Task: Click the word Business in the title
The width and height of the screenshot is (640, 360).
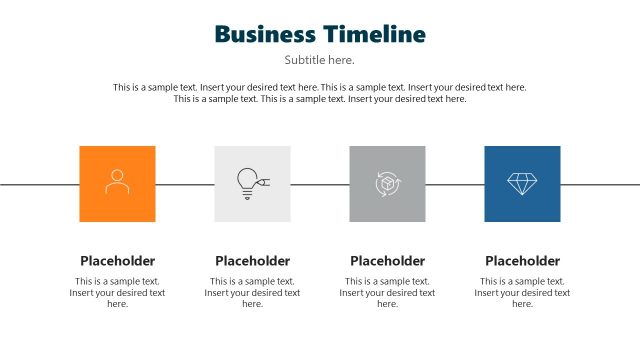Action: tap(265, 34)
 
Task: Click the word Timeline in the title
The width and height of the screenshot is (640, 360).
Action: tap(373, 34)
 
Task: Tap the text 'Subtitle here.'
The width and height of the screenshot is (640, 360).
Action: tap(319, 60)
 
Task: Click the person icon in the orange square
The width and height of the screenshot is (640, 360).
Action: tap(117, 182)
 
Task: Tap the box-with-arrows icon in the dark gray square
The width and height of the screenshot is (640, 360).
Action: tap(387, 184)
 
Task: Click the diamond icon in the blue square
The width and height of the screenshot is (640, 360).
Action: tap(522, 183)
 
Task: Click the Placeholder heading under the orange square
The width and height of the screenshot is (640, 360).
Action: tap(117, 261)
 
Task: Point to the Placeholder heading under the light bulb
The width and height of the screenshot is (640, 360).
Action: tap(252, 261)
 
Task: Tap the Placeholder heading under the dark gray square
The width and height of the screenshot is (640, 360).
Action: tap(387, 261)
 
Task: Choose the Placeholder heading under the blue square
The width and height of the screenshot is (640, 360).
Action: tap(522, 261)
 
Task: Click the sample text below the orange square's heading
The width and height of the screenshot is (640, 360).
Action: tap(117, 293)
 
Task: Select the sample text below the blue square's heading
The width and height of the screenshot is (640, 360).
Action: tap(522, 293)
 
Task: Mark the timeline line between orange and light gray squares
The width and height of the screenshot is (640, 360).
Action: tap(185, 184)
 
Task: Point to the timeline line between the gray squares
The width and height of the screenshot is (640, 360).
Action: tap(320, 184)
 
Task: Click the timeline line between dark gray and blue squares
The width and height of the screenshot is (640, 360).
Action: tap(455, 184)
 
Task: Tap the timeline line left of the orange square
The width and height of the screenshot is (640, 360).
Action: tap(40, 184)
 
